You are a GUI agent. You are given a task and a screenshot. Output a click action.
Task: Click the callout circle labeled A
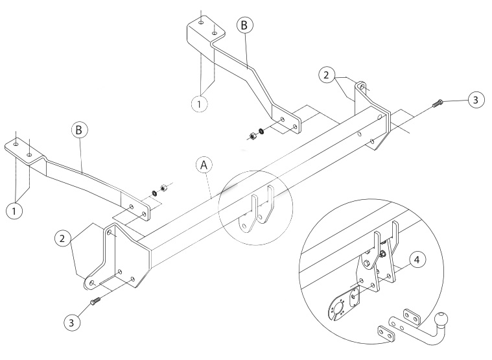click(x=204, y=165)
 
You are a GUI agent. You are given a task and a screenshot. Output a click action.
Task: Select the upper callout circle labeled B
click(x=244, y=25)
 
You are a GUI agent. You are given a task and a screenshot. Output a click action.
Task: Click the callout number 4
click(x=417, y=260)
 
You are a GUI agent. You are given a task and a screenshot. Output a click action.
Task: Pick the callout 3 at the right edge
click(x=476, y=100)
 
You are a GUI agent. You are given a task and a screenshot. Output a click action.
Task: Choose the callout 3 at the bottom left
click(x=71, y=322)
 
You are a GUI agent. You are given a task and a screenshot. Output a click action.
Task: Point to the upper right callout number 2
click(x=327, y=75)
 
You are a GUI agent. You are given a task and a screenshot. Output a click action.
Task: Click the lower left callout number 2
click(x=62, y=239)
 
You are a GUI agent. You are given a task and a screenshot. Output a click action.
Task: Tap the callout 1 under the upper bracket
click(x=199, y=104)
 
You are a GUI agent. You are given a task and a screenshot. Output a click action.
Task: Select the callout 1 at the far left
click(x=14, y=211)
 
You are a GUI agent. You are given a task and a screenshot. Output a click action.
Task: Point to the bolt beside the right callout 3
click(x=438, y=103)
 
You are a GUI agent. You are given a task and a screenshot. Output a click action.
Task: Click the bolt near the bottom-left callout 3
click(x=95, y=301)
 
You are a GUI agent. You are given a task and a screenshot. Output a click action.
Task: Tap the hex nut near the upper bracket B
click(x=252, y=136)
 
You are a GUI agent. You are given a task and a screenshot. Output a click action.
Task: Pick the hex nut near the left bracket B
click(x=163, y=187)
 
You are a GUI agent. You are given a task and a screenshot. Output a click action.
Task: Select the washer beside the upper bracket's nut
click(x=261, y=130)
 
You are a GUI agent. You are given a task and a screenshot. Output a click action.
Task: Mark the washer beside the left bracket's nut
click(x=154, y=193)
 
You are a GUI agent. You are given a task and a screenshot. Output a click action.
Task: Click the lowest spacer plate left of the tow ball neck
click(x=386, y=333)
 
